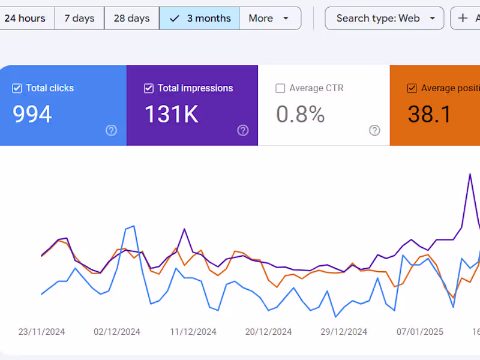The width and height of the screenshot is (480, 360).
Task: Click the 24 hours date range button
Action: [x=25, y=18]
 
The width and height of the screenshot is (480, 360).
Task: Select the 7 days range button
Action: [x=79, y=18]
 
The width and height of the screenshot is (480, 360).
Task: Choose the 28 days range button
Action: [x=131, y=18]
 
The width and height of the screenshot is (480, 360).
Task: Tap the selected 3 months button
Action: [x=199, y=18]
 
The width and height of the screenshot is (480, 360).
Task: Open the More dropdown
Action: [x=270, y=18]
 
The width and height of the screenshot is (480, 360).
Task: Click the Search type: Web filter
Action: [x=385, y=18]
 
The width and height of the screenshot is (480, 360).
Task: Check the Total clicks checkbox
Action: [x=17, y=89]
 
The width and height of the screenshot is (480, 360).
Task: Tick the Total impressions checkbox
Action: [x=149, y=89]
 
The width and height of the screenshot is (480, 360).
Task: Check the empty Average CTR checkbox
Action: [x=280, y=89]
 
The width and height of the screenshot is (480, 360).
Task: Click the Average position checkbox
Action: [x=412, y=89]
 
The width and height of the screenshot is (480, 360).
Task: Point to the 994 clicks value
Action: [x=32, y=114]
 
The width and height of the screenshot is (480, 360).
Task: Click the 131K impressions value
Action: [x=172, y=114]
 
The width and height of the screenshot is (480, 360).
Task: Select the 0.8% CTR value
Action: [x=301, y=114]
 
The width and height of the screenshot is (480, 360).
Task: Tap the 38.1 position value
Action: [x=430, y=114]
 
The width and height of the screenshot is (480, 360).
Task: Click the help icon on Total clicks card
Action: [x=111, y=130]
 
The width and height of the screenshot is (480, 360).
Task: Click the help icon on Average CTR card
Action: [x=375, y=130]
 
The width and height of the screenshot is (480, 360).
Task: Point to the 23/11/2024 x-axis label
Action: [x=41, y=332]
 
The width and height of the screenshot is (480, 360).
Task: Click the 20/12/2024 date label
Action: [x=269, y=332]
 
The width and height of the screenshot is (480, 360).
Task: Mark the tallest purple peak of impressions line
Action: [x=470, y=175]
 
